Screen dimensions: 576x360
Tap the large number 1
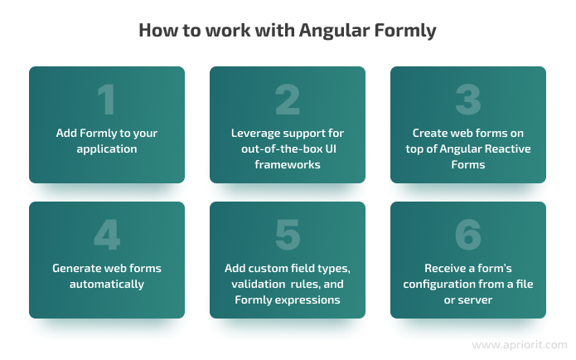(106, 100)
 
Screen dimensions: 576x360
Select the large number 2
(288, 100)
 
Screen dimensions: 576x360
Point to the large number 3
(468, 100)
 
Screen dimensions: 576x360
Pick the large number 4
(107, 235)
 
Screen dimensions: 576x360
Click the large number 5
(288, 235)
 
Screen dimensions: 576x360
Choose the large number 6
(468, 235)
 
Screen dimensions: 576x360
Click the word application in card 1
(107, 149)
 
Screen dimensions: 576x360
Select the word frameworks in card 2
(288, 164)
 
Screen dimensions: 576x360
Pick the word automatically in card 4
(107, 285)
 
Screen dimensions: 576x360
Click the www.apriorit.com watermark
(520, 345)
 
